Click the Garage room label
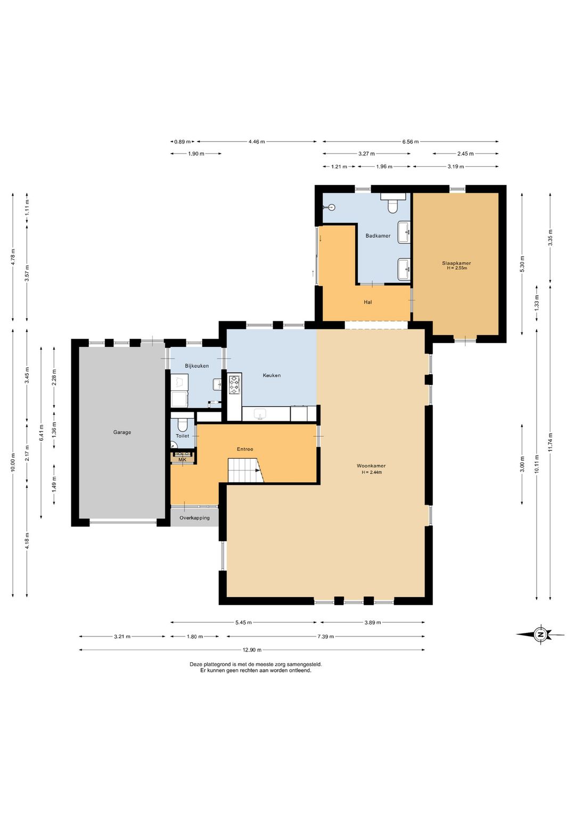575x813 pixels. (122, 432)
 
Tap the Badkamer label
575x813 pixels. (378, 235)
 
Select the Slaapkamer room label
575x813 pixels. (456, 263)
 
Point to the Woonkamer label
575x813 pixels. (371, 466)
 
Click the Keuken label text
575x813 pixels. (272, 375)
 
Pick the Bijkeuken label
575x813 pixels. (196, 366)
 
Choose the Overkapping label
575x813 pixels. (194, 517)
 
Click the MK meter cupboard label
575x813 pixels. (183, 459)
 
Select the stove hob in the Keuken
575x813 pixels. (234, 385)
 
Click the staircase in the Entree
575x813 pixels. (245, 470)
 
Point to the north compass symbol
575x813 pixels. (540, 635)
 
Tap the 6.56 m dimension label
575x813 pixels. (410, 142)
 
